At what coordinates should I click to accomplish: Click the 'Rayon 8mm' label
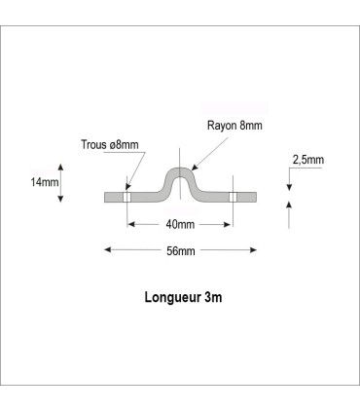(234, 126)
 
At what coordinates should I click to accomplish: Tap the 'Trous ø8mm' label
(110, 145)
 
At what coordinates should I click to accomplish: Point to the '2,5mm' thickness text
(307, 159)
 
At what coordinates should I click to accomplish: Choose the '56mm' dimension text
(179, 250)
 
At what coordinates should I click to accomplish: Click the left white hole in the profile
(126, 196)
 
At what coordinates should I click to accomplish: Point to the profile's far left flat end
(107, 196)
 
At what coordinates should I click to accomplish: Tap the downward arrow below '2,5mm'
(290, 180)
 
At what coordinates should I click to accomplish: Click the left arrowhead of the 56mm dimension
(108, 250)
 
